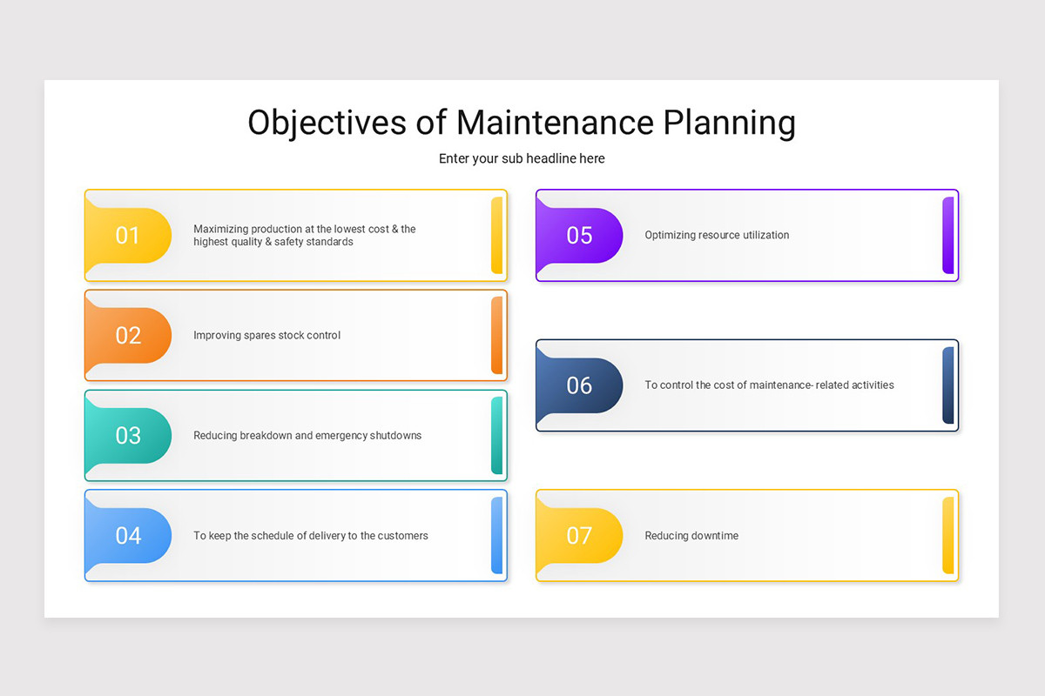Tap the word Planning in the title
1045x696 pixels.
(x=729, y=123)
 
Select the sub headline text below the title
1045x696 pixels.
(x=522, y=158)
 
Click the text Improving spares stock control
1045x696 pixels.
(x=266, y=335)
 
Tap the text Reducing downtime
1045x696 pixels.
(x=691, y=536)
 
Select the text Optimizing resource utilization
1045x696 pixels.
(x=717, y=235)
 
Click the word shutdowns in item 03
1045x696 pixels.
(x=395, y=435)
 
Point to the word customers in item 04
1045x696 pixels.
(x=401, y=536)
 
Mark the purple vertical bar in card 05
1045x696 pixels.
(x=947, y=235)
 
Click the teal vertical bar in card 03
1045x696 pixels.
(x=496, y=435)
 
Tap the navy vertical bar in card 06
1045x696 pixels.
(x=947, y=385)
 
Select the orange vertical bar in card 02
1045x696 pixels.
(x=496, y=335)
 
